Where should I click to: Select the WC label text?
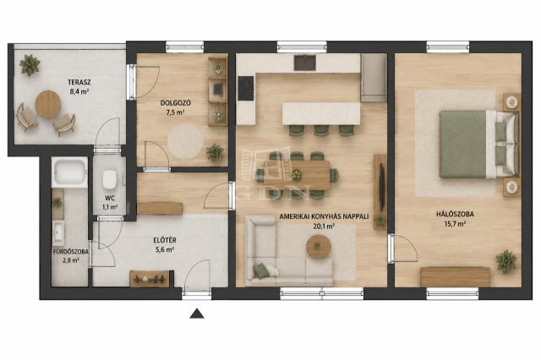click(111, 199)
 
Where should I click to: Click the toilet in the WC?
click(109, 179)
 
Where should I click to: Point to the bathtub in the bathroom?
click(69, 172)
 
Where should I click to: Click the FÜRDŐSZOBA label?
click(71, 252)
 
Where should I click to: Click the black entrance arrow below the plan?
click(197, 314)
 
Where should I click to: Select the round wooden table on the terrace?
click(48, 105)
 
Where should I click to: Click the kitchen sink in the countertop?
click(304, 63)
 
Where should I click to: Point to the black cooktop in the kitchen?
click(246, 88)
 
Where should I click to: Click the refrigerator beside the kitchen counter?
click(374, 78)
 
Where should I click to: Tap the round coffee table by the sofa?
click(319, 247)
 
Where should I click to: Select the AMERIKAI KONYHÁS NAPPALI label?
click(324, 216)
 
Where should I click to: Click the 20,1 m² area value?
click(324, 226)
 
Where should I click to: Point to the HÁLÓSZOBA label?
click(455, 214)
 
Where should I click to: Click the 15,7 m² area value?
click(455, 224)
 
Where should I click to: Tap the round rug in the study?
click(186, 141)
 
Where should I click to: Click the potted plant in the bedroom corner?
click(506, 261)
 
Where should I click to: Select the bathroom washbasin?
click(58, 232)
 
